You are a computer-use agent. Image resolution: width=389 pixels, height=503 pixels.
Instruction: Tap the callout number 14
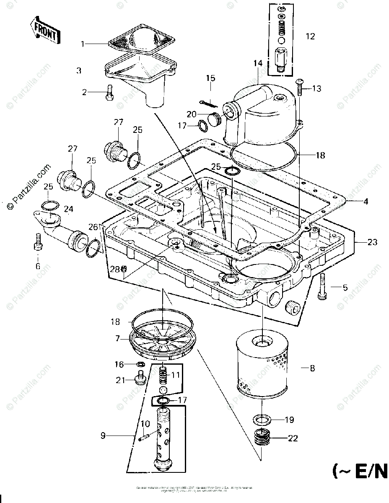coord(257,63)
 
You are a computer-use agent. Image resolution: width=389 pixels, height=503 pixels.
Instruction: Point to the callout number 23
coord(372,242)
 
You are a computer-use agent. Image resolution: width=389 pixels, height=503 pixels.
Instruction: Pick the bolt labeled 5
coord(323,286)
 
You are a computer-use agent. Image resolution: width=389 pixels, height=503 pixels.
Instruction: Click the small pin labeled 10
coord(143,438)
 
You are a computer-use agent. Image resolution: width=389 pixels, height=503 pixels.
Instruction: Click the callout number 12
coord(310,36)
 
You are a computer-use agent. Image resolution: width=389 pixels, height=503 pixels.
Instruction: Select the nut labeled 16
coord(141,365)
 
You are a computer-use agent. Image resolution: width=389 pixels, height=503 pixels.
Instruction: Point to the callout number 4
coord(366,202)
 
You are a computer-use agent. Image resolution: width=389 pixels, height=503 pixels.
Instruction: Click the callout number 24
coord(68,208)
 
